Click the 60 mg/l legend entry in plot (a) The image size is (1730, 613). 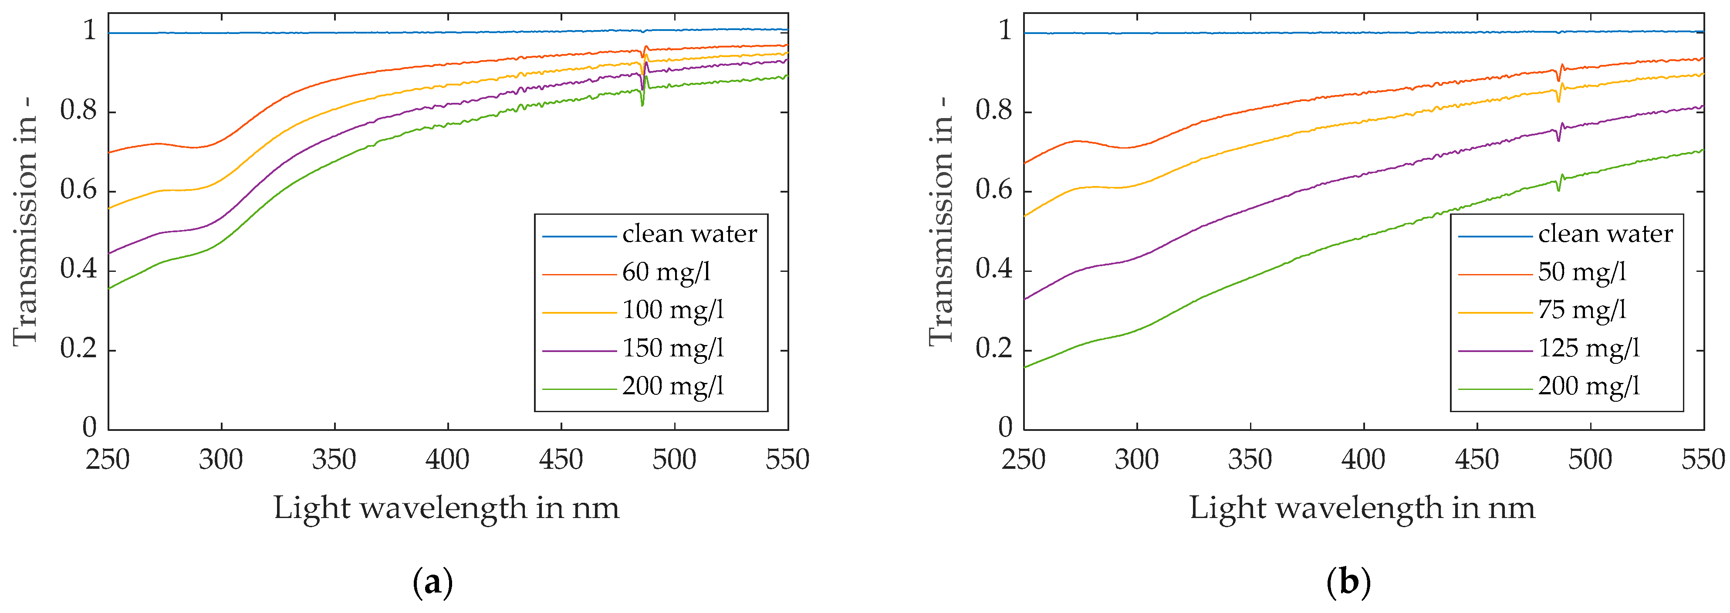(x=665, y=272)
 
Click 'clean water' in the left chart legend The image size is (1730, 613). (x=689, y=234)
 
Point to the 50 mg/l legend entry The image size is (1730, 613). (x=1581, y=272)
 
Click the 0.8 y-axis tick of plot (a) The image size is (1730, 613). (x=78, y=111)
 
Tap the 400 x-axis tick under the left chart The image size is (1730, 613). (x=447, y=461)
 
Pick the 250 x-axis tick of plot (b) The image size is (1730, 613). (x=1024, y=461)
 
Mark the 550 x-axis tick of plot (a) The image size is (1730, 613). (x=787, y=461)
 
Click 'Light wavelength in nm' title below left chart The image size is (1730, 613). (x=446, y=508)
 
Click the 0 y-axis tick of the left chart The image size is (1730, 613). (x=89, y=427)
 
